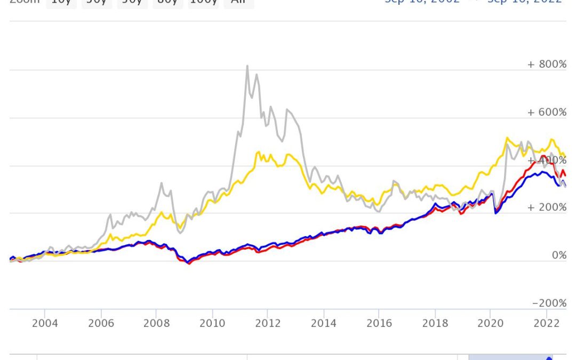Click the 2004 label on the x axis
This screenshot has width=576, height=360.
45,323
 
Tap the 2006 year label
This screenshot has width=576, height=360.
101,323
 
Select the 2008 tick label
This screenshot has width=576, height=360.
156,323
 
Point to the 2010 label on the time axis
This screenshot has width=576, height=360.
212,323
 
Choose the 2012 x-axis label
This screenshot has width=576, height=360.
268,323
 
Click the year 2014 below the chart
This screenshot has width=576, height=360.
323,323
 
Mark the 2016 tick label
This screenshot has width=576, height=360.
379,323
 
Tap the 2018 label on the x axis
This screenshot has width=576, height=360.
435,323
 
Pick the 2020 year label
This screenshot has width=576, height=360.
491,323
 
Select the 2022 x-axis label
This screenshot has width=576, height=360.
546,323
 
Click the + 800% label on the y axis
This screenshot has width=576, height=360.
547,65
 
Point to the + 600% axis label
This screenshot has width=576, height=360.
547,112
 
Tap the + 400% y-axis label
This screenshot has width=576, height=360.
547,160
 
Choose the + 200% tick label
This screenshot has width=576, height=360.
547,207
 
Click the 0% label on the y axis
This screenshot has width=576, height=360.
559,255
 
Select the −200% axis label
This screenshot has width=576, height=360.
549,303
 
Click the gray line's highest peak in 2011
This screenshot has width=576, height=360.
247,66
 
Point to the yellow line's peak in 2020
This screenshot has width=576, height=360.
507,138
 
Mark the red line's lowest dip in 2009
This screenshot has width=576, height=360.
188,264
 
